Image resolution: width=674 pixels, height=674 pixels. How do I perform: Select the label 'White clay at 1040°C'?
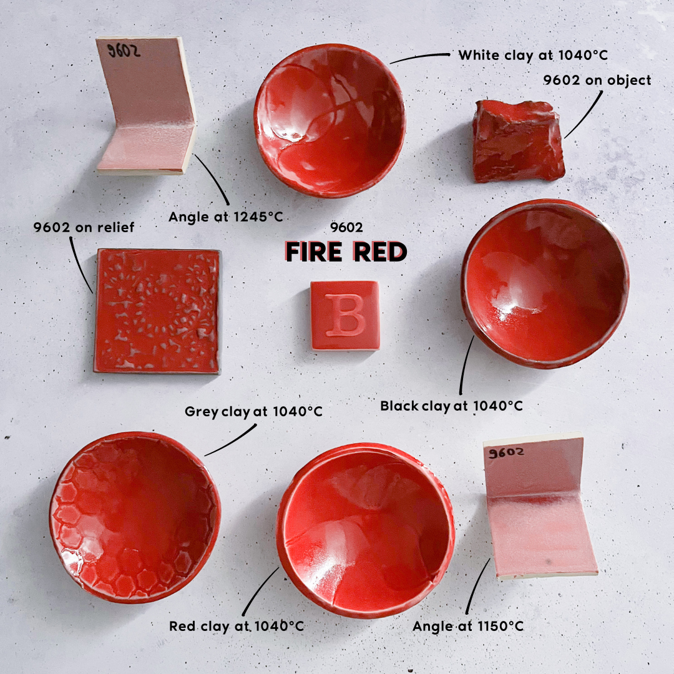[533, 55]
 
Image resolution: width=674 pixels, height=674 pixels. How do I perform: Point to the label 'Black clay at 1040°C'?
[451, 406]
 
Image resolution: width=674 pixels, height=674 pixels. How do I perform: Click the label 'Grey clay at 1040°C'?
[253, 412]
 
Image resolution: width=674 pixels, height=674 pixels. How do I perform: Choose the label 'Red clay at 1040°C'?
[237, 626]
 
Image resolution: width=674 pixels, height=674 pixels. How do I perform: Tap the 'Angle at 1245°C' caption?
[225, 217]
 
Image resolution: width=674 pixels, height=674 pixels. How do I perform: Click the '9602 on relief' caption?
[84, 227]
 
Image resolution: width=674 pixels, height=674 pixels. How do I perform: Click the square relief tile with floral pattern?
[157, 311]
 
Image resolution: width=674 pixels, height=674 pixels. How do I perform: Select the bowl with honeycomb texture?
[134, 517]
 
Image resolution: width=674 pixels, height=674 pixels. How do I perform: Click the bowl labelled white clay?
[329, 120]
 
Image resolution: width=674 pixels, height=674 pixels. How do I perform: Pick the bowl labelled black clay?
[545, 284]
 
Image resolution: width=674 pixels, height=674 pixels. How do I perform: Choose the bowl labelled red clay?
[366, 529]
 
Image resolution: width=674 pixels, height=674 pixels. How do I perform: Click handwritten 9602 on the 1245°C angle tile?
[124, 51]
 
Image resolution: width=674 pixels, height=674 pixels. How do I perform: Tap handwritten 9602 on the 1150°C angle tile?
[506, 453]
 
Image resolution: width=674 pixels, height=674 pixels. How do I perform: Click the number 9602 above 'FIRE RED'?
[346, 228]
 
